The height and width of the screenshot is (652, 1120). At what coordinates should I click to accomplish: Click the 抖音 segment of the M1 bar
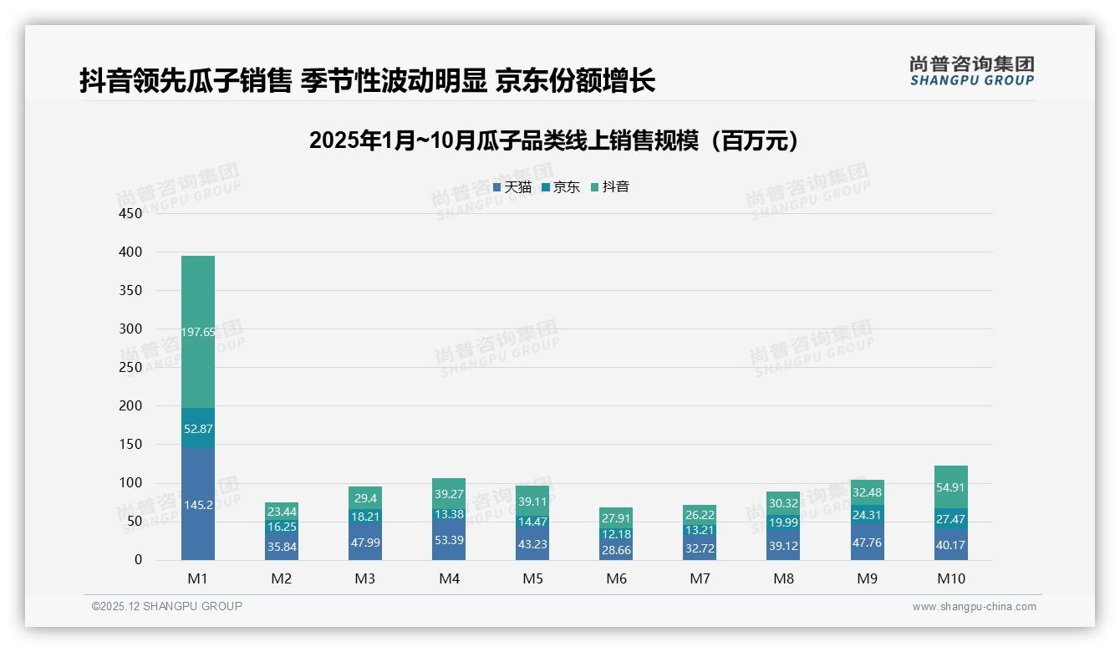pyautogui.click(x=198, y=331)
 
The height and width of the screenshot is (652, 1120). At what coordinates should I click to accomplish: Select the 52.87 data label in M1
pyautogui.click(x=198, y=429)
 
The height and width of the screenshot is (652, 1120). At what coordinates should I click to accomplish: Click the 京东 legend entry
pyautogui.click(x=561, y=187)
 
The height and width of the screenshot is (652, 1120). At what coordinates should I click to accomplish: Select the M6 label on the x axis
pyautogui.click(x=616, y=578)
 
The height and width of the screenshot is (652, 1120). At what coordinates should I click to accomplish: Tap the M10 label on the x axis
pyautogui.click(x=951, y=578)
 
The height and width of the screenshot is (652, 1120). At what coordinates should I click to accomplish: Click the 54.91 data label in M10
pyautogui.click(x=951, y=487)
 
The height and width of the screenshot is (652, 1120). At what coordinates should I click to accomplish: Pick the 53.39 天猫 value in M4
pyautogui.click(x=449, y=540)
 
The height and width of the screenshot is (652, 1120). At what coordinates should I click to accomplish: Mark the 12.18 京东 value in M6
pyautogui.click(x=616, y=534)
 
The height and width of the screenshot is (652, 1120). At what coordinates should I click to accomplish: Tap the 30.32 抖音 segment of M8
pyautogui.click(x=784, y=503)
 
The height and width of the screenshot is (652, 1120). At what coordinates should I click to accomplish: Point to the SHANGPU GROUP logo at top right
pyautogui.click(x=972, y=71)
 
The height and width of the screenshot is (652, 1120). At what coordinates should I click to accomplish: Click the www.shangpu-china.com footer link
pyautogui.click(x=974, y=607)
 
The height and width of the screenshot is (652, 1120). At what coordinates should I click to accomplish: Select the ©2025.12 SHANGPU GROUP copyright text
pyautogui.click(x=167, y=606)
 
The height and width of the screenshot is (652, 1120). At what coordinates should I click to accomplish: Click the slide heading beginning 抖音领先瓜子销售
pyautogui.click(x=367, y=81)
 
